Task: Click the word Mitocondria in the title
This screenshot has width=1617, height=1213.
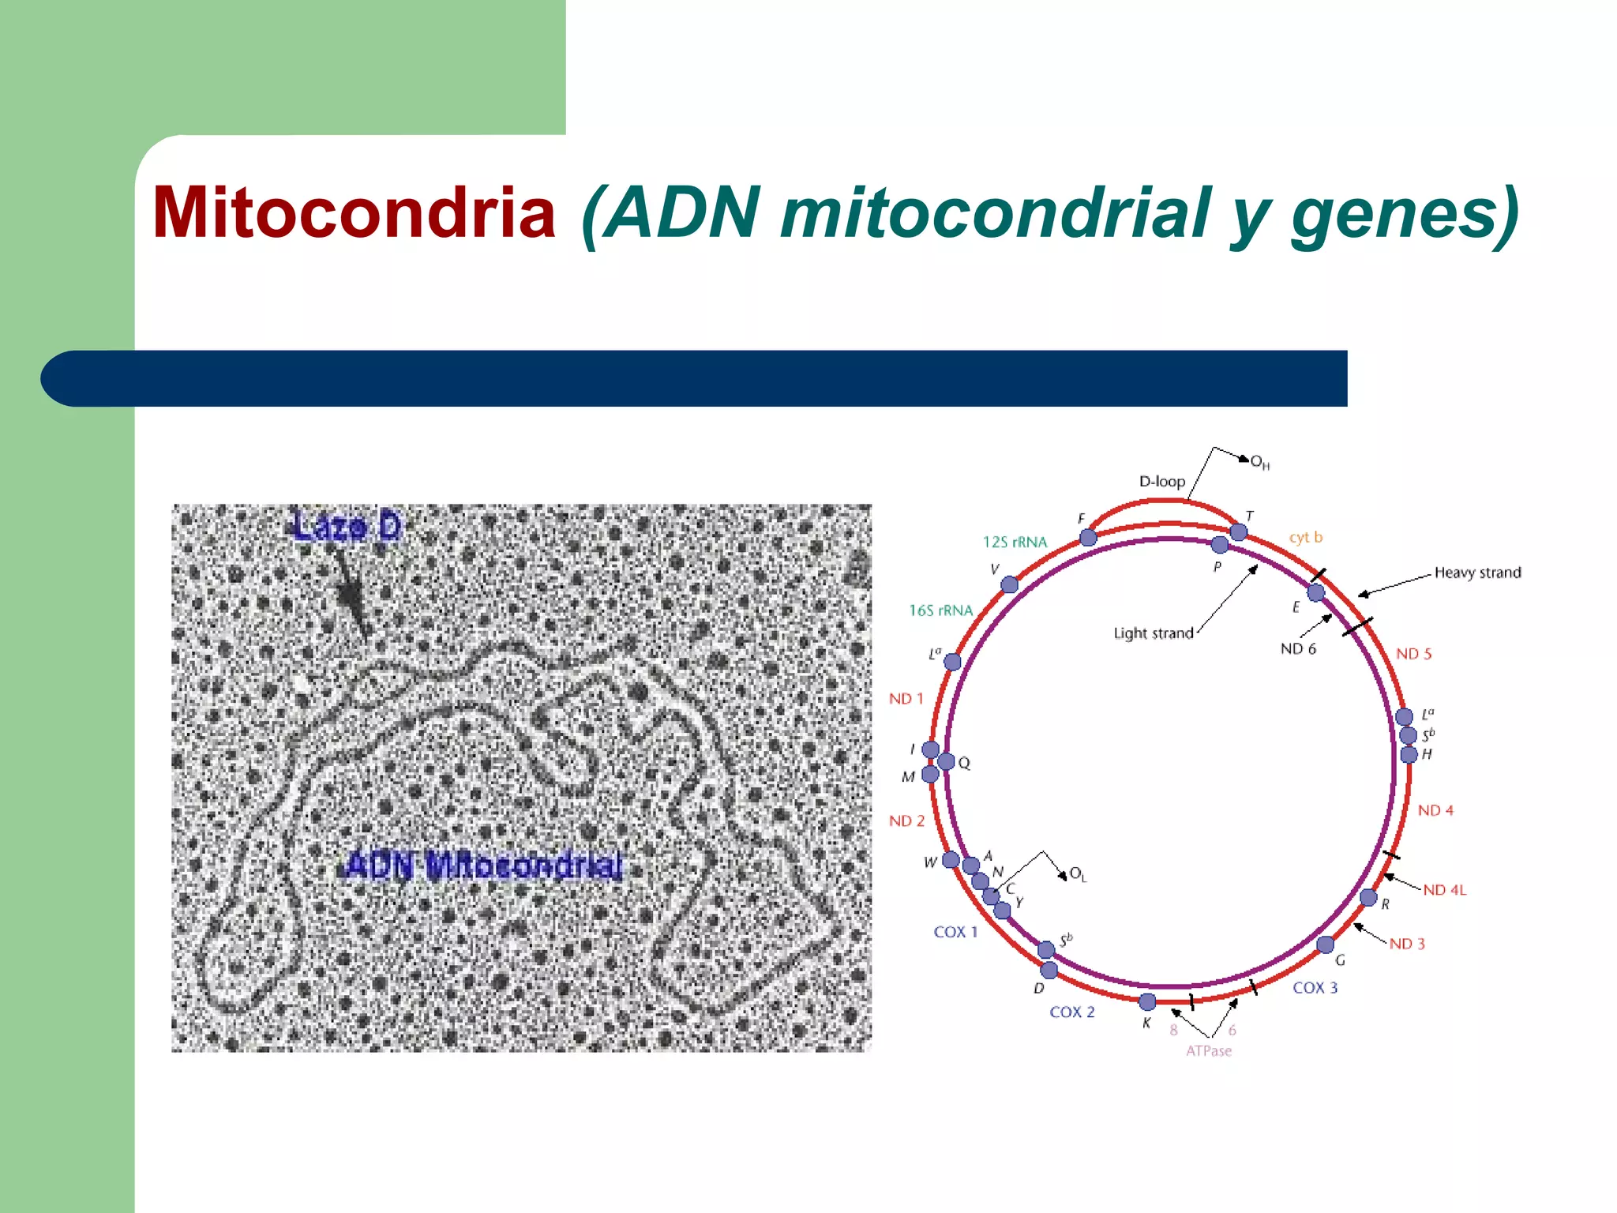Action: pos(355,212)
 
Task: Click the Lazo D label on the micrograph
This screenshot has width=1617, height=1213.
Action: pos(347,527)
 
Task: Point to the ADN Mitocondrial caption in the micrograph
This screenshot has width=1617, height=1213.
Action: pos(484,866)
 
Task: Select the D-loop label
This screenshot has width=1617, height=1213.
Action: pos(1161,481)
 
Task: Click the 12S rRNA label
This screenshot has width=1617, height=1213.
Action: pos(1015,542)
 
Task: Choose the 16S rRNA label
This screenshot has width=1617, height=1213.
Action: pos(940,610)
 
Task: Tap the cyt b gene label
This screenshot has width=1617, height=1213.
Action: pos(1305,538)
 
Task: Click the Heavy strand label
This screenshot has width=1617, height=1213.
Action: pos(1477,573)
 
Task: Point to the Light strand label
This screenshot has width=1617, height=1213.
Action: pos(1153,633)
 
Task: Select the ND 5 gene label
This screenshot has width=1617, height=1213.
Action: pos(1413,654)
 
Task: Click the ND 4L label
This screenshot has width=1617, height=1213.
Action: pos(1444,890)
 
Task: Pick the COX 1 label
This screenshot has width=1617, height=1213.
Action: pos(955,932)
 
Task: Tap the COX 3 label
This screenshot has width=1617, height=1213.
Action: pos(1315,988)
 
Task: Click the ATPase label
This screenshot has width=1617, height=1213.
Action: pos(1208,1051)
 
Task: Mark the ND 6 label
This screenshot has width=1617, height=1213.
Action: pos(1298,649)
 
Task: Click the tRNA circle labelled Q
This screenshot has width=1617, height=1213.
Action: pos(946,761)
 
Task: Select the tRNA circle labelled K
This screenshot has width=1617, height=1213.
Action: pos(1147,1002)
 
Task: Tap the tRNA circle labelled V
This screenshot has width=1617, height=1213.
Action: pos(1009,584)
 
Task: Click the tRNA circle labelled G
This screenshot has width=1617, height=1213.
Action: pos(1326,944)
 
